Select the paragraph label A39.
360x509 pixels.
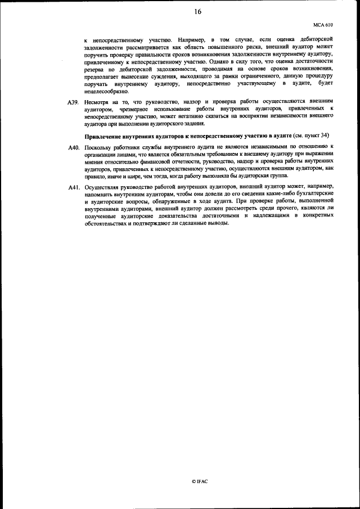click(x=73, y=102)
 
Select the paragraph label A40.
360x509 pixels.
click(x=73, y=147)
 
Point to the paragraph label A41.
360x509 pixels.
click(x=73, y=186)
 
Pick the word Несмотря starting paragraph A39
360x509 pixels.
click(x=97, y=102)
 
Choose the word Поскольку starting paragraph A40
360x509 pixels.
click(x=99, y=147)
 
